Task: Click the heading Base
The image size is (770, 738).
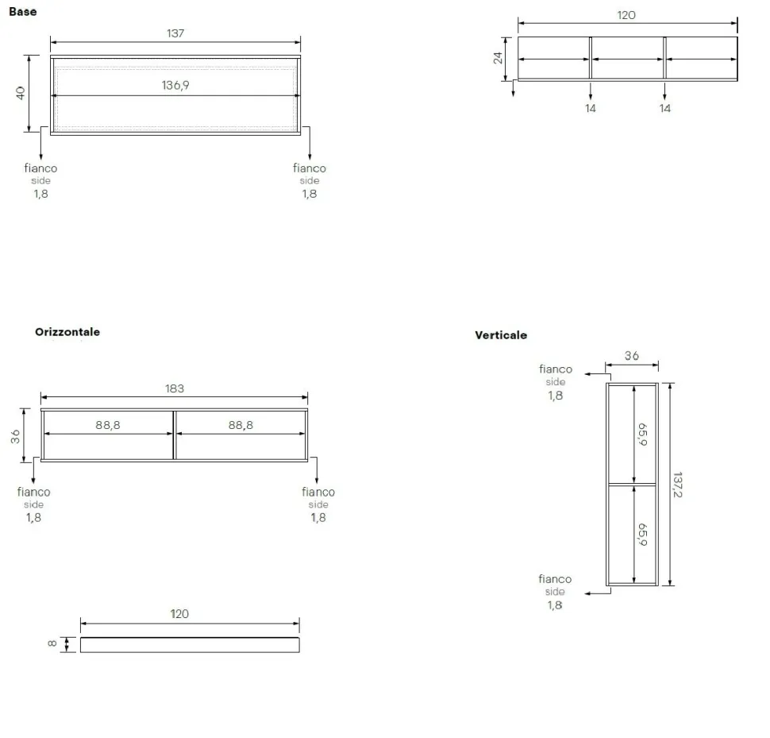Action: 22,12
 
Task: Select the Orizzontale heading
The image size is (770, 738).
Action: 67,331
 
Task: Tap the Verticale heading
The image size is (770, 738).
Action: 501,335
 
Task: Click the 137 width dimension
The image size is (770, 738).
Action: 175,33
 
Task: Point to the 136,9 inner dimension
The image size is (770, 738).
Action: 175,86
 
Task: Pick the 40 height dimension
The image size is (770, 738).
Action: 21,93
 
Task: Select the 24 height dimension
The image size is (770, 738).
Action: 498,58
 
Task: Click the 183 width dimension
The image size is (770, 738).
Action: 175,388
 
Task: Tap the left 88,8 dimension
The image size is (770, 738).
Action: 107,425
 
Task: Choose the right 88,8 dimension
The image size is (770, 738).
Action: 241,425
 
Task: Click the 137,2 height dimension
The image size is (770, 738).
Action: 678,485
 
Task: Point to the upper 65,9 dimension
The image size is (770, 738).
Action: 642,435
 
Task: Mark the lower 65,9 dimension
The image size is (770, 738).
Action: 642,535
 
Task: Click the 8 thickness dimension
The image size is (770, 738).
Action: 52,643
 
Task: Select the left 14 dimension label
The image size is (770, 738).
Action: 591,109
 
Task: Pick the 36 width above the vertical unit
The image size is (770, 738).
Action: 632,356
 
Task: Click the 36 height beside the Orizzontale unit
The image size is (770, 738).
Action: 15,436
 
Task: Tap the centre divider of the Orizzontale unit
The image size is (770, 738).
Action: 174,435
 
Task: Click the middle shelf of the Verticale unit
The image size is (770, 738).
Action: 632,485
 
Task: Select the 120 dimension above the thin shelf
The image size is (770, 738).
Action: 179,614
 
